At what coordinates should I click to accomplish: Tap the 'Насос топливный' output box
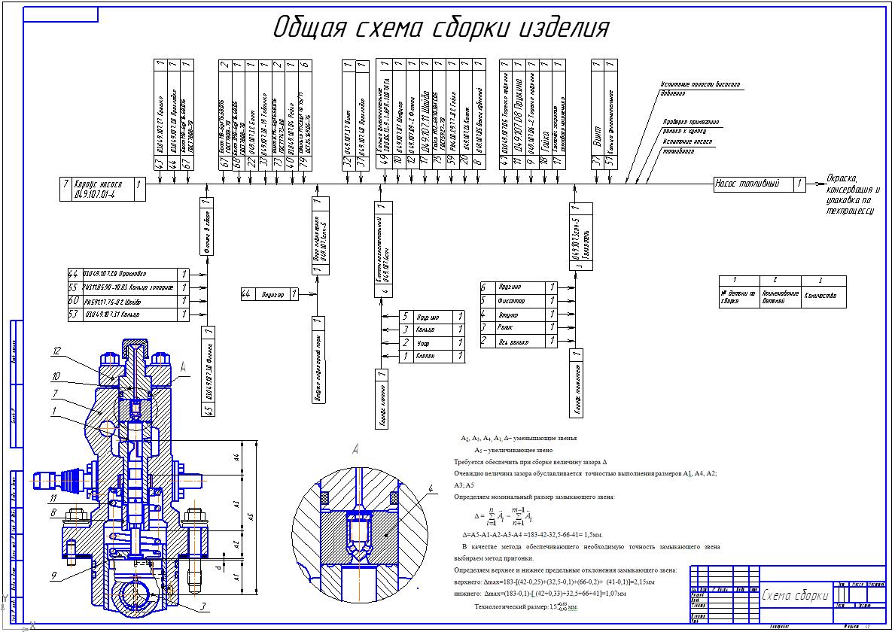[760, 183]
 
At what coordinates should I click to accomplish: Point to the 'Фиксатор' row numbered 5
[519, 301]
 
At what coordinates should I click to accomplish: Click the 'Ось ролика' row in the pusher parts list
[519, 342]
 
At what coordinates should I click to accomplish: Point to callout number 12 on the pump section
[56, 351]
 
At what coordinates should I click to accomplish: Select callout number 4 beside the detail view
[431, 490]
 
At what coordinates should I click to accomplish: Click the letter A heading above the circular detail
[355, 450]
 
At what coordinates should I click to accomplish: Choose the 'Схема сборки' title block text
[794, 596]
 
